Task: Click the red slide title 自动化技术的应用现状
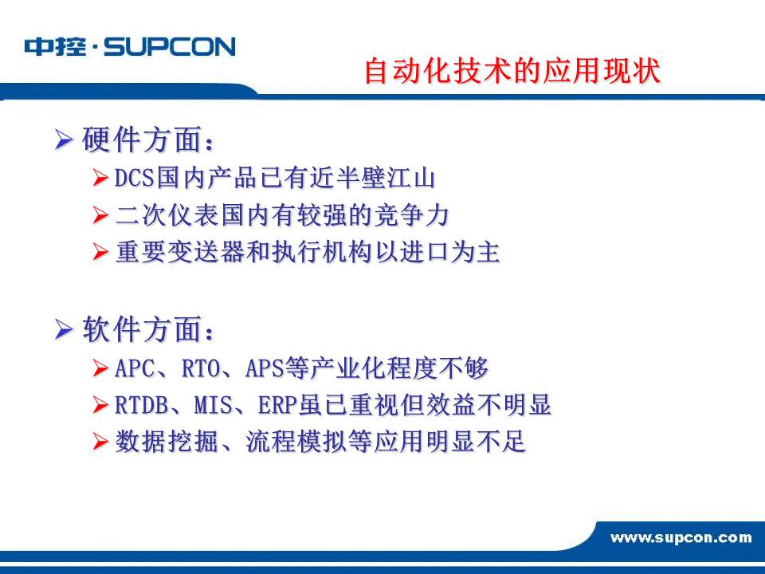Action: (512, 70)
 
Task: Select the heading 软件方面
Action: (148, 329)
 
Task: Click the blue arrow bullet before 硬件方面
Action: (64, 140)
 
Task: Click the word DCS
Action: (135, 178)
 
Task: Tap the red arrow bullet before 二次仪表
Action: (100, 214)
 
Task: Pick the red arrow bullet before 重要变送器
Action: (100, 252)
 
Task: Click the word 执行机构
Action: (322, 253)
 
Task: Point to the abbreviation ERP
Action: (277, 405)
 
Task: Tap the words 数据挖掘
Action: (167, 442)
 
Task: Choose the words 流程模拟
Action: (296, 442)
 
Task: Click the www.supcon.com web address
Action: (681, 538)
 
